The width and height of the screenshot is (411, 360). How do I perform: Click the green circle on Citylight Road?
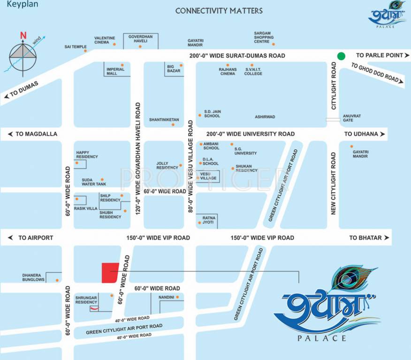pos(341,56)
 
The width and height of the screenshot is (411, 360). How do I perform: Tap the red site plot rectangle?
pos(110,273)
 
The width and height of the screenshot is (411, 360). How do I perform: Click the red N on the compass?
pos(23,35)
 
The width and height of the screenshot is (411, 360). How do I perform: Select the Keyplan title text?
pos(23,5)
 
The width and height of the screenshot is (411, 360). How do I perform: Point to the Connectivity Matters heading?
pos(219,10)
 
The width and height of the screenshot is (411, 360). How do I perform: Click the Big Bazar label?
pos(174,69)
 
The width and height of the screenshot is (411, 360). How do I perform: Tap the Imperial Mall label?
pos(115,71)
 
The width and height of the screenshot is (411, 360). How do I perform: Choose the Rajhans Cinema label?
pos(228,71)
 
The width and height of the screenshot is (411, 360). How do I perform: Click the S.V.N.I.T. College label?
pos(253,71)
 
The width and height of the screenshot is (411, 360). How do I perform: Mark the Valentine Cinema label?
pos(105,40)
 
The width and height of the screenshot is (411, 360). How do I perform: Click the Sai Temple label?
pos(76,46)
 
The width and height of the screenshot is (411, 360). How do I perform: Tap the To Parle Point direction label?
pos(380,55)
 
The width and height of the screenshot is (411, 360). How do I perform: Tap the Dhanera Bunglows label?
pos(33,277)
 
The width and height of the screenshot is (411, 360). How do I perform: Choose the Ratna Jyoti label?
pos(208,220)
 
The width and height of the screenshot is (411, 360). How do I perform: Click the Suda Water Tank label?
pos(94,181)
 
